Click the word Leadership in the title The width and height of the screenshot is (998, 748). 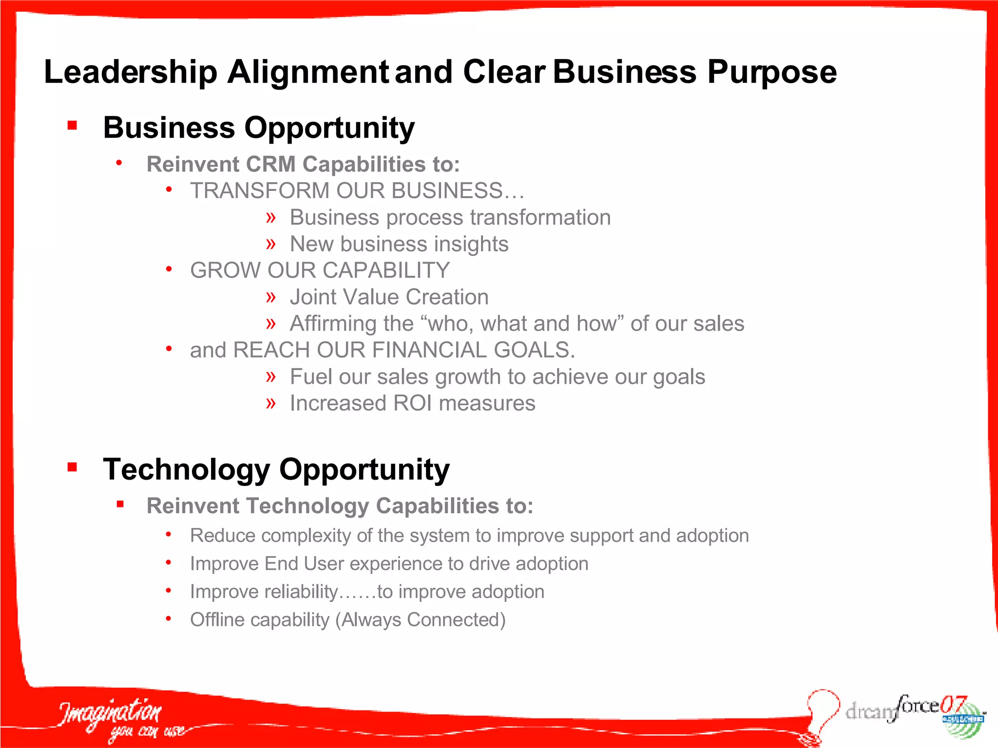point(131,72)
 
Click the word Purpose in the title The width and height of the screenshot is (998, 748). point(772,72)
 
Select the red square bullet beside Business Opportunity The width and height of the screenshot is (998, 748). point(73,126)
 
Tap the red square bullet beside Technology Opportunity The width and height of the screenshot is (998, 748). point(73,467)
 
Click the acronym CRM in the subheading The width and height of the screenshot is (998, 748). point(271,165)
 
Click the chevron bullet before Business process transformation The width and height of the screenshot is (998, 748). point(271,217)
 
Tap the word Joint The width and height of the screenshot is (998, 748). point(314,297)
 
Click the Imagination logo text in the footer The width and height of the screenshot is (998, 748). point(110,713)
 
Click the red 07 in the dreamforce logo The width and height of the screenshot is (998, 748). point(953,704)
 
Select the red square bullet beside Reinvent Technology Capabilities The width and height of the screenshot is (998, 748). point(120,505)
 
